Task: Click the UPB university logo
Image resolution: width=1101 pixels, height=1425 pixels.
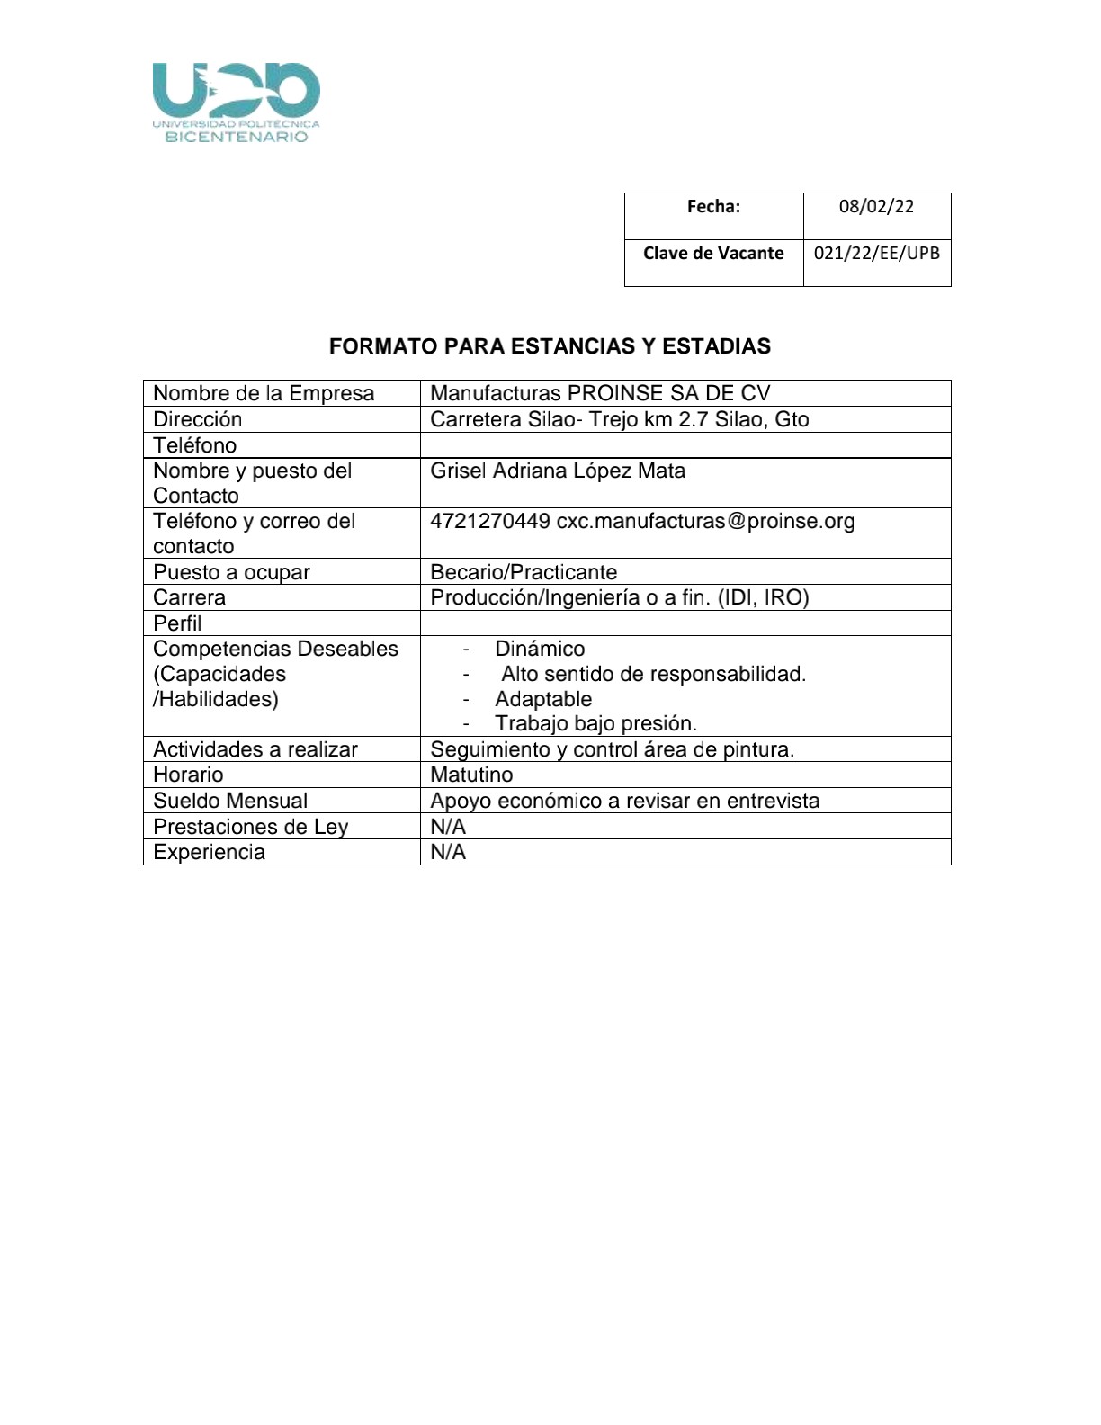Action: pos(236,102)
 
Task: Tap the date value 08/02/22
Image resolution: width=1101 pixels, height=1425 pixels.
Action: pos(876,206)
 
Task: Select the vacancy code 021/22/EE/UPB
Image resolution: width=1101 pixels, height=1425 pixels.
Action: pos(876,253)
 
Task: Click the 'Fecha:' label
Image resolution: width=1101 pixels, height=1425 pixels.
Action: pos(713,206)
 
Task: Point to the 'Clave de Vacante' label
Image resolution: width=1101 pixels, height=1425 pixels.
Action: pos(713,253)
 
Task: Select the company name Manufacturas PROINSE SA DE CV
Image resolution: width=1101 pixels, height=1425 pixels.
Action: pos(600,393)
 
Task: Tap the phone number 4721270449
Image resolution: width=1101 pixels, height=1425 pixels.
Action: pos(490,521)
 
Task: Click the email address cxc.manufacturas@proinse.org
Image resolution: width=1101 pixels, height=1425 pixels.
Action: pos(705,521)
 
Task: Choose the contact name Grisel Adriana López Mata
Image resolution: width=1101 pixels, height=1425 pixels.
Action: pos(558,471)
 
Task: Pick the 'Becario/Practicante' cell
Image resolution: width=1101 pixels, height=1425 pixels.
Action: pos(524,572)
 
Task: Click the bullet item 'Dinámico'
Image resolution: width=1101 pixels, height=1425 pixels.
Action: pos(540,649)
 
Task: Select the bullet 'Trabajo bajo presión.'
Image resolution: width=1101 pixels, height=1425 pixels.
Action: pos(595,723)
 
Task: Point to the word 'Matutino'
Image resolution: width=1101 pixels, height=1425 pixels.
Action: pos(471,775)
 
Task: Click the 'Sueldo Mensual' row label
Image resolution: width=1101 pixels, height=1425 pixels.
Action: pos(230,801)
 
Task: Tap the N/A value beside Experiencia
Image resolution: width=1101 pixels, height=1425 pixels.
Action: pos(448,852)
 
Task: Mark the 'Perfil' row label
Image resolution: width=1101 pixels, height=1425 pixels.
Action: pos(177,623)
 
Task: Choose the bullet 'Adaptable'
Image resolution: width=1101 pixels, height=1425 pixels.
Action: pos(543,699)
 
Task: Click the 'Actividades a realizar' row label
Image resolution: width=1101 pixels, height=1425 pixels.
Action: pos(255,749)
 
